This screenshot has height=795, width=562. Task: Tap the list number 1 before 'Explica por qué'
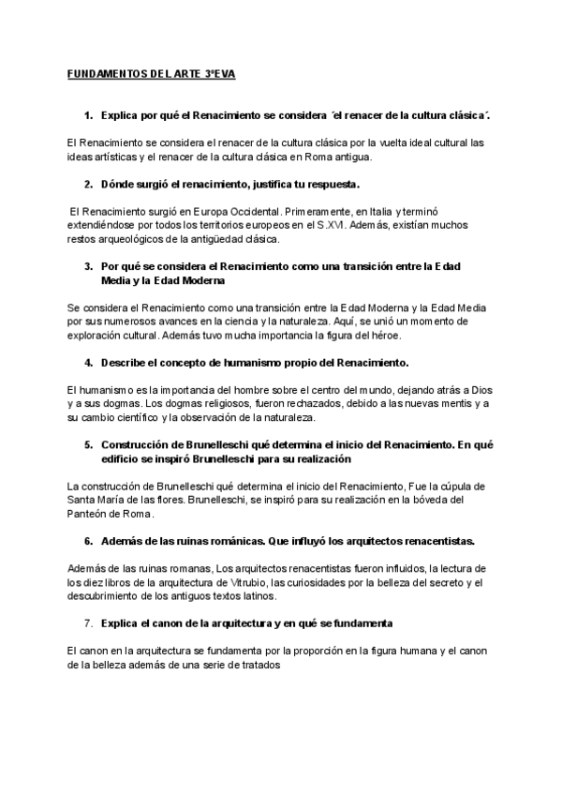point(87,115)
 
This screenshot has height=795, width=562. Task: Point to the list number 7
point(87,622)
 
